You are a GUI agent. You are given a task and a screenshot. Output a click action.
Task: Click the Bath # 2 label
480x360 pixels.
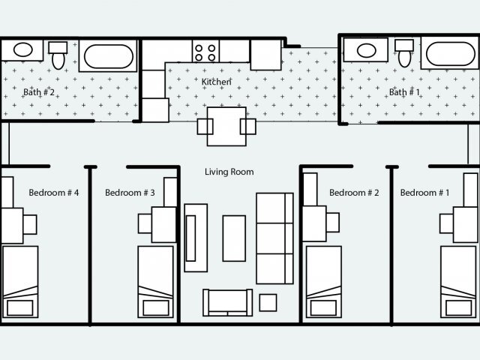pos(39,92)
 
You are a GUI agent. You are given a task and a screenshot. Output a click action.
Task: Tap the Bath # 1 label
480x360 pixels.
pos(404,92)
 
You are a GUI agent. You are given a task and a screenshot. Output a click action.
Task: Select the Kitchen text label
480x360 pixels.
pos(216,82)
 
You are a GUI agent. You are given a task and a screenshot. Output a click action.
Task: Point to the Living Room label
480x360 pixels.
pos(229,172)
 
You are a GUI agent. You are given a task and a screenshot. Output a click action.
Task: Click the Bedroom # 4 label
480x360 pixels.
pos(54,193)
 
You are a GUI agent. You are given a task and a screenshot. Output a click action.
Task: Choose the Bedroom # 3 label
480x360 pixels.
pos(130,193)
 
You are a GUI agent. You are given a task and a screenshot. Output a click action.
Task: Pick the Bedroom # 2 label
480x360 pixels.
pos(354,193)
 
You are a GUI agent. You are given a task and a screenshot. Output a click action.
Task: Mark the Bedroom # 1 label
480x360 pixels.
pos(425,193)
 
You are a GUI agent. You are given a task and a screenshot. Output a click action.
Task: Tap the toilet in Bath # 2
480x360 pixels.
pos(58,55)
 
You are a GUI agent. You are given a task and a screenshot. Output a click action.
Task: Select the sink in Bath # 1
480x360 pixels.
pos(367,51)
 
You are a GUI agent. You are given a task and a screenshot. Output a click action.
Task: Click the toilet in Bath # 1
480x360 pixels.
pos(405,53)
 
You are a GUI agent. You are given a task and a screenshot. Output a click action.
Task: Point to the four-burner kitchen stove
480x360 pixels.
pos(205,52)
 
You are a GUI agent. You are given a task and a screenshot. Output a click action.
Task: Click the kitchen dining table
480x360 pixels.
pos(226,126)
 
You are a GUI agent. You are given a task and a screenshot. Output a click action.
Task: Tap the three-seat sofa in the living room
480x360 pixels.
pos(274,237)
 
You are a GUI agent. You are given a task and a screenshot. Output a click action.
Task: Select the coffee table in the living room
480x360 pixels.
pos(234,238)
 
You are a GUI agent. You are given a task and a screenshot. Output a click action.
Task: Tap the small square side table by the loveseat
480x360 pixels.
pos(268,302)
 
